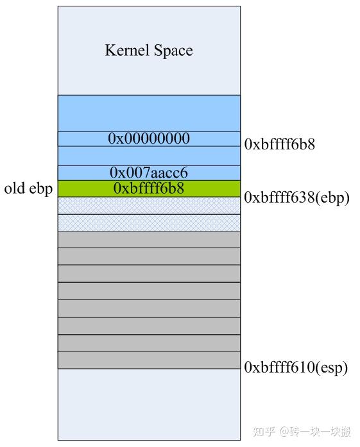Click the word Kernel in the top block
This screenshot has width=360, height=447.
pos(127,50)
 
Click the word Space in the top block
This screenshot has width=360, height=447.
pos(173,51)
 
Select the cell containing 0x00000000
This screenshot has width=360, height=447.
pos(149,139)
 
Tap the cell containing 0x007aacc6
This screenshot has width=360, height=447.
pos(149,173)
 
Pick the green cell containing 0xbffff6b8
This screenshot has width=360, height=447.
pos(149,189)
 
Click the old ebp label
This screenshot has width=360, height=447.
pos(28,189)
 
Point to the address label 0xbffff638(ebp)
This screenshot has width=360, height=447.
pos(296,198)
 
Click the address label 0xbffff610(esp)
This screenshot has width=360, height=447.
pos(296,367)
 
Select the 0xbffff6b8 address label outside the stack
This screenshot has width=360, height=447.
pos(280,144)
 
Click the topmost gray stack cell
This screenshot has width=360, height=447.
pos(149,240)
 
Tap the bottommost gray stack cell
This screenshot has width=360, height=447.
pos(149,360)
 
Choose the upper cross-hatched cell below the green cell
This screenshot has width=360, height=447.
pos(149,205)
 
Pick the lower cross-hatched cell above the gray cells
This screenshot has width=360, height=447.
pos(149,223)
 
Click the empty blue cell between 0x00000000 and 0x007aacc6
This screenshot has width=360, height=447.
pos(149,156)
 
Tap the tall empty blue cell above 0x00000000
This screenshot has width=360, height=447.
pos(149,114)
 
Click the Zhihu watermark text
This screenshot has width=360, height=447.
pos(302,432)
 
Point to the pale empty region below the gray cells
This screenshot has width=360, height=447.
pos(149,405)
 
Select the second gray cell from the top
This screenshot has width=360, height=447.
pos(149,257)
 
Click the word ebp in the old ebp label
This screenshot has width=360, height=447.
pos(41,189)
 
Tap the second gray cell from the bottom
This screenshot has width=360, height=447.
pos(149,343)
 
